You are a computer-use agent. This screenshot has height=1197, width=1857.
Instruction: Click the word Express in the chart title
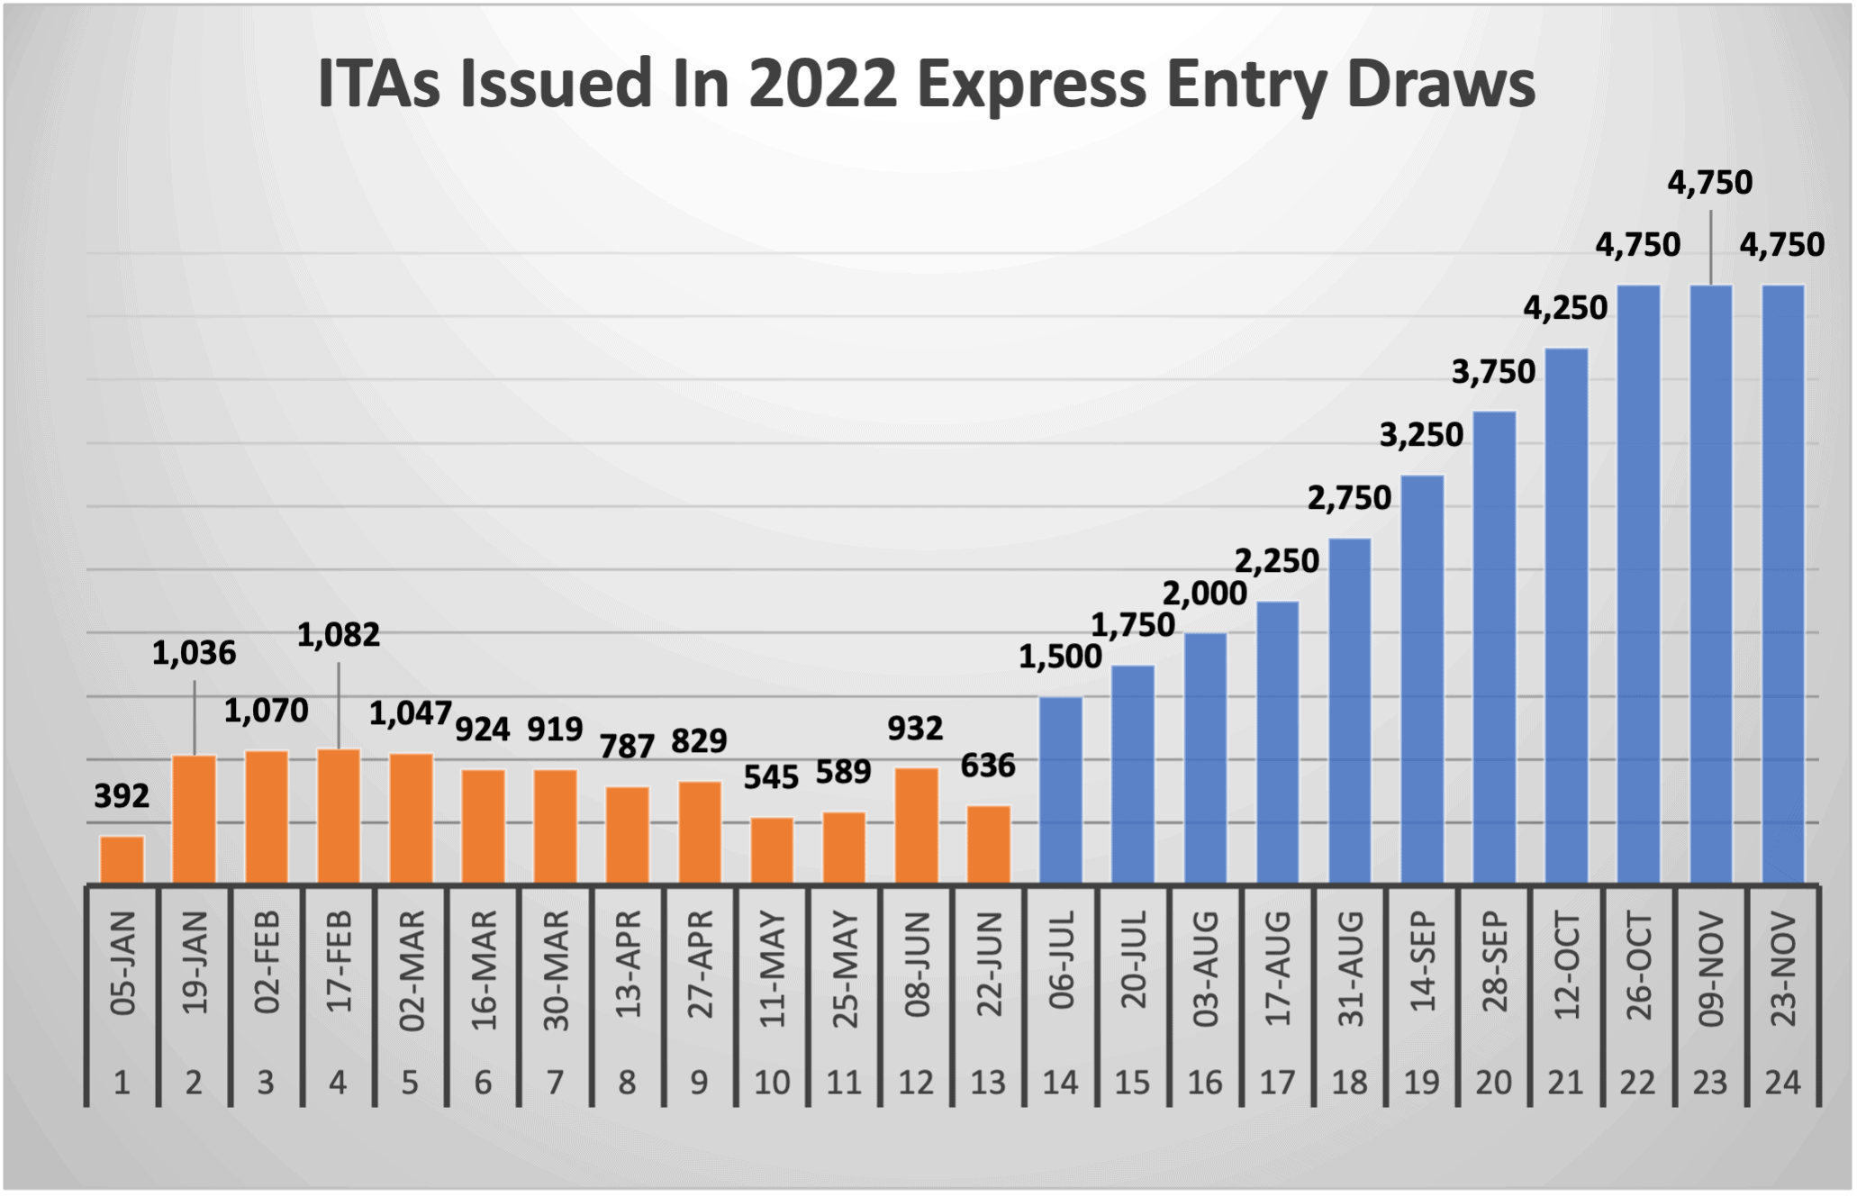click(1031, 84)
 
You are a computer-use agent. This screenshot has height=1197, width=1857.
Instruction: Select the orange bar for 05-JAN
click(122, 860)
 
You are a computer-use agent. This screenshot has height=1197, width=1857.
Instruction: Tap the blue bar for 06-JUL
click(1061, 790)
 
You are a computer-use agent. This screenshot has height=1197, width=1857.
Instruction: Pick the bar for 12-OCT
click(1566, 615)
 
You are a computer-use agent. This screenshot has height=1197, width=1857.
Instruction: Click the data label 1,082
click(339, 635)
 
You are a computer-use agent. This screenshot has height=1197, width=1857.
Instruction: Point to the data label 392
click(122, 795)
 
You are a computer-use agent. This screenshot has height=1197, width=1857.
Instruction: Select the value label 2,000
click(1204, 594)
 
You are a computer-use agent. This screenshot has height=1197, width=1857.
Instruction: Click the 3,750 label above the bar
click(1493, 371)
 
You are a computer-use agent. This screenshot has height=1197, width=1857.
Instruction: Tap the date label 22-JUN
click(989, 965)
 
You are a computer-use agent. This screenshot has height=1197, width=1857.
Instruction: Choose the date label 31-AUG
click(1350, 968)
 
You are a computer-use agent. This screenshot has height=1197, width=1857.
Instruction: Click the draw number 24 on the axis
click(1783, 1082)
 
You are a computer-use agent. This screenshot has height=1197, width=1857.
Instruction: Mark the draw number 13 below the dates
click(988, 1082)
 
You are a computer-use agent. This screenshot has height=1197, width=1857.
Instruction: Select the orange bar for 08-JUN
click(916, 825)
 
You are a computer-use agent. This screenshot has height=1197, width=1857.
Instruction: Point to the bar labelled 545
click(772, 850)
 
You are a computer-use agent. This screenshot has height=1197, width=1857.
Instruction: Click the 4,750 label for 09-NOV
click(1709, 183)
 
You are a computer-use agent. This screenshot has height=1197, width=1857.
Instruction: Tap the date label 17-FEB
click(339, 962)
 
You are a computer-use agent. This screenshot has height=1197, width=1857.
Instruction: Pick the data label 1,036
click(194, 653)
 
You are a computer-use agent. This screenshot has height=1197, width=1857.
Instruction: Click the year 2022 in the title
click(822, 84)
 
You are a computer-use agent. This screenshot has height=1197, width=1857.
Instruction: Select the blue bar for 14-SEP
click(1422, 679)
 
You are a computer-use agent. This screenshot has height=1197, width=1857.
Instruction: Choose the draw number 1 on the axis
click(122, 1082)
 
